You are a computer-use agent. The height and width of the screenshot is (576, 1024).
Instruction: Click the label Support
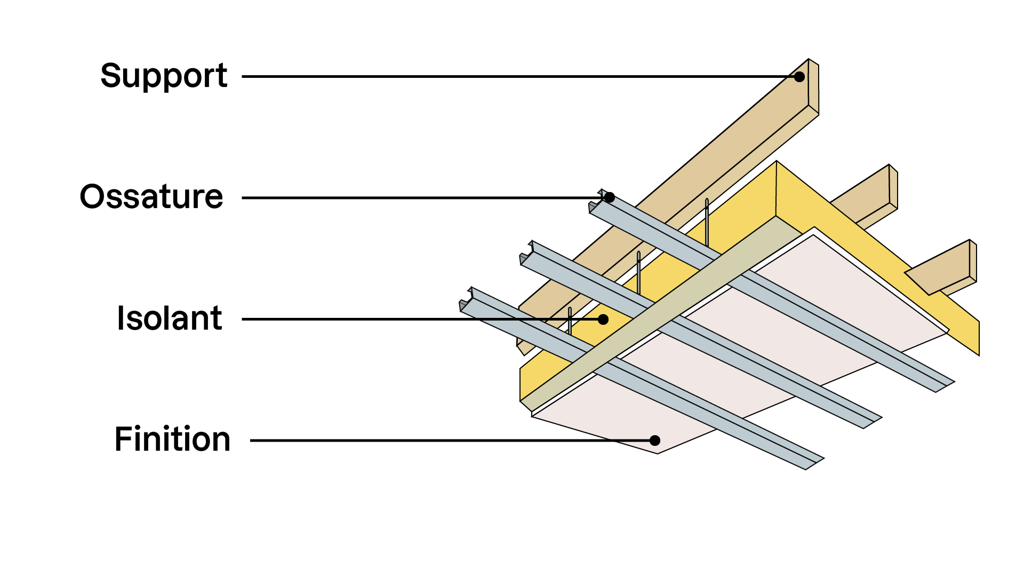pos(164,76)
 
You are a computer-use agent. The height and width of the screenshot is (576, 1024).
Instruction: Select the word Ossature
pos(151,197)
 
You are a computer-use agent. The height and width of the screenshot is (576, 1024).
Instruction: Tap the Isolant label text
pos(169,319)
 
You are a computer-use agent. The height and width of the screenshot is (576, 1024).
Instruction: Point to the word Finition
pos(172,440)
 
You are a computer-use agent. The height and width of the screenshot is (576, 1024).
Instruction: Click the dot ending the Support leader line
pos(799,77)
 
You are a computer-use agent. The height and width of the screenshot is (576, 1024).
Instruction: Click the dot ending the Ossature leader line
pos(609,198)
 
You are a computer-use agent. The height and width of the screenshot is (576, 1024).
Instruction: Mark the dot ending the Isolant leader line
pos(603,319)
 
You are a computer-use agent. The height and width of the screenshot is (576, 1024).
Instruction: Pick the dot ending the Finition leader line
pos(655,441)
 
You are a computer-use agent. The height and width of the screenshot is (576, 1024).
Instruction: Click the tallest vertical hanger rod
pos(707,221)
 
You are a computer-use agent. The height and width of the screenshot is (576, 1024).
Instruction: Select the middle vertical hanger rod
pos(638,272)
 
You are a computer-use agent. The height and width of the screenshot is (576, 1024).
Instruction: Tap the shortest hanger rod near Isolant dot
pos(570,321)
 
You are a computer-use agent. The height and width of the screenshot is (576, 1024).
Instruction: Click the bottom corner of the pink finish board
pos(657,452)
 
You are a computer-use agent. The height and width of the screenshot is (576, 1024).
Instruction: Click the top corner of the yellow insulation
pos(777,162)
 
